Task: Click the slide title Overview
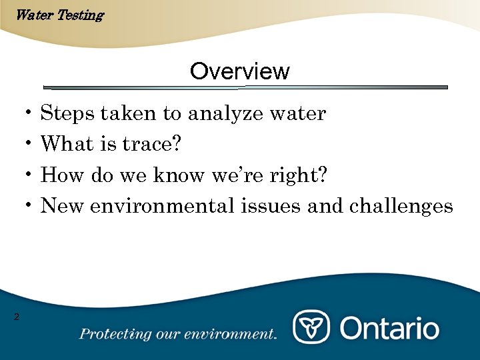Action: coord(239,71)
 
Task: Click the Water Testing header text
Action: coord(59,15)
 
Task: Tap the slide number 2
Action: coord(17,317)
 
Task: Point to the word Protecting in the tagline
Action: coord(111,334)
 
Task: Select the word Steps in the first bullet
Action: coord(67,114)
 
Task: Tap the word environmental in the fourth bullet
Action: coord(162,206)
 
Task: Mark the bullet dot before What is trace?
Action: coord(29,144)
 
